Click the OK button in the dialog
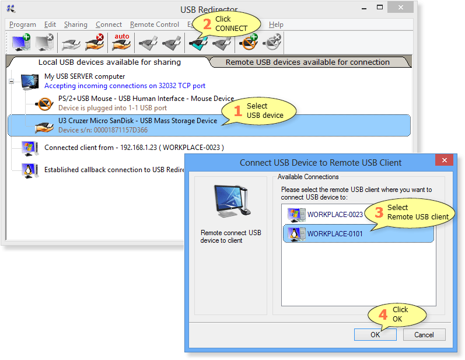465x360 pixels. [x=375, y=335]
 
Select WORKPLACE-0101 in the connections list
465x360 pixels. [x=335, y=234]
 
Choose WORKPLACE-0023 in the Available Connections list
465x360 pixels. [x=335, y=214]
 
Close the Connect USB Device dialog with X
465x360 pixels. [x=444, y=160]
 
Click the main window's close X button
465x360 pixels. [x=401, y=8]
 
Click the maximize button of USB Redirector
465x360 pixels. [x=380, y=8]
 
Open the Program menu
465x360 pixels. [x=23, y=25]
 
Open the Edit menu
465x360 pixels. [x=50, y=25]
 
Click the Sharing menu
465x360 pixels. [x=76, y=25]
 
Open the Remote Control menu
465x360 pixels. [x=155, y=25]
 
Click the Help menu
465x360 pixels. [x=276, y=25]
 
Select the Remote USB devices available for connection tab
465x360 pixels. [x=307, y=62]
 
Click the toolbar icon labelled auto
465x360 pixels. [x=121, y=42]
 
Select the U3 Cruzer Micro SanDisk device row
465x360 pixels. [x=209, y=125]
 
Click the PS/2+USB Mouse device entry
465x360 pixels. [x=146, y=103]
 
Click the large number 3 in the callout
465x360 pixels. [x=379, y=212]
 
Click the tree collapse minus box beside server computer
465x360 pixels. [x=11, y=81]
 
